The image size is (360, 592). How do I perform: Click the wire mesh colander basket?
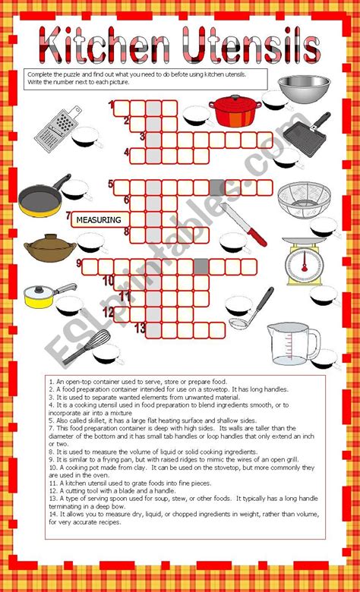[299, 201]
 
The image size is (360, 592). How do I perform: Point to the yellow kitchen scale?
[303, 261]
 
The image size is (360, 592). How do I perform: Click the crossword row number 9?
[78, 263]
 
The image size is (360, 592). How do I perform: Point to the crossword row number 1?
[111, 105]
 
